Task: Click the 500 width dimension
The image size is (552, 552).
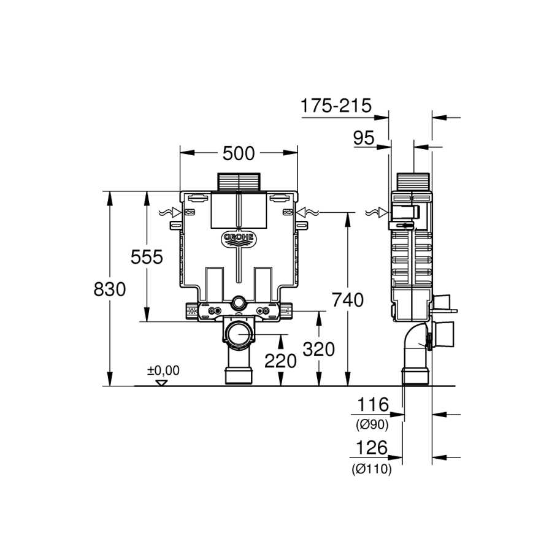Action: (239, 153)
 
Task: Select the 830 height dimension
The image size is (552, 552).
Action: (110, 289)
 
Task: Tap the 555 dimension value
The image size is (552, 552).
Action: (147, 256)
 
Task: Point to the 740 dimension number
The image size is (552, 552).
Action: (348, 300)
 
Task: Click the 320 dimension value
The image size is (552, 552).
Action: (318, 349)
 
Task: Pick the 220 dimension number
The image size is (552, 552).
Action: (280, 361)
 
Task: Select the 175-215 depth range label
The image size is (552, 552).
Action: (336, 105)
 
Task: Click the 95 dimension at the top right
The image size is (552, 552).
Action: (364, 137)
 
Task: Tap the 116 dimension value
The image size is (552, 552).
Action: (373, 404)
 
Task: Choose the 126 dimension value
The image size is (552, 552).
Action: (372, 448)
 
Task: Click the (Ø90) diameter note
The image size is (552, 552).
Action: (372, 425)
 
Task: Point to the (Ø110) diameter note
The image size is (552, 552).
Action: (372, 469)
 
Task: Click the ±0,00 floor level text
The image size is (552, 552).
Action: (163, 370)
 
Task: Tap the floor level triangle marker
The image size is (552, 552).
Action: (161, 383)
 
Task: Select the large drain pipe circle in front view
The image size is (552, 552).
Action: (239, 334)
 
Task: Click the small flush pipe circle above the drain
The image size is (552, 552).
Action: (239, 302)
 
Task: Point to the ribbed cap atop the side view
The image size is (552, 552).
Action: (413, 182)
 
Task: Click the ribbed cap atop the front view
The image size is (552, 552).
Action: (239, 182)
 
